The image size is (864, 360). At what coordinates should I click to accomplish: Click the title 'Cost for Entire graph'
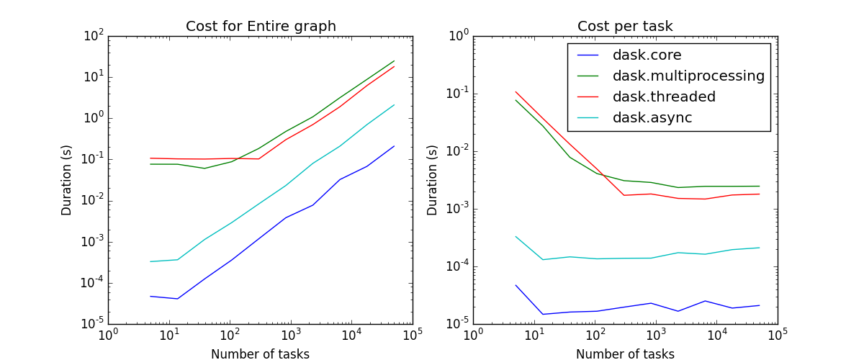point(261,27)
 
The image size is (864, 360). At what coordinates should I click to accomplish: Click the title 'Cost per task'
point(625,27)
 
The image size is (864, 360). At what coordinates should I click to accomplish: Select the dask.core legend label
point(647,55)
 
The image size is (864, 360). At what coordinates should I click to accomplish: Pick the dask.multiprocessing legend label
point(688,76)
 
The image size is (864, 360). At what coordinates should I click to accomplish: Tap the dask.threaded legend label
point(664,96)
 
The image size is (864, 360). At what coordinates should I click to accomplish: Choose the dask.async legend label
point(652,117)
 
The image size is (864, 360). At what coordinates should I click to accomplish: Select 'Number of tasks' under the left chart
point(261,354)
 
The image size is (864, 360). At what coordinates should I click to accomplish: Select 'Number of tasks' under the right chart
point(625,354)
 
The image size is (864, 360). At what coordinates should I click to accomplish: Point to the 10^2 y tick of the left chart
point(95,35)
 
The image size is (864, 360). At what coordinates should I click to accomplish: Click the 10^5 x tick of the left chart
point(413,336)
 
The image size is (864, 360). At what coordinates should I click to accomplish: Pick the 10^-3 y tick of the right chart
point(458,208)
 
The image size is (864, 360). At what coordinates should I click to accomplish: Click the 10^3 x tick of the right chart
point(656,336)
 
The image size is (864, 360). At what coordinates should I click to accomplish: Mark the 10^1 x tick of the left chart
point(169,336)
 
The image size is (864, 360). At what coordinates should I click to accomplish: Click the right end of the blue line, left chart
point(394,146)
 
